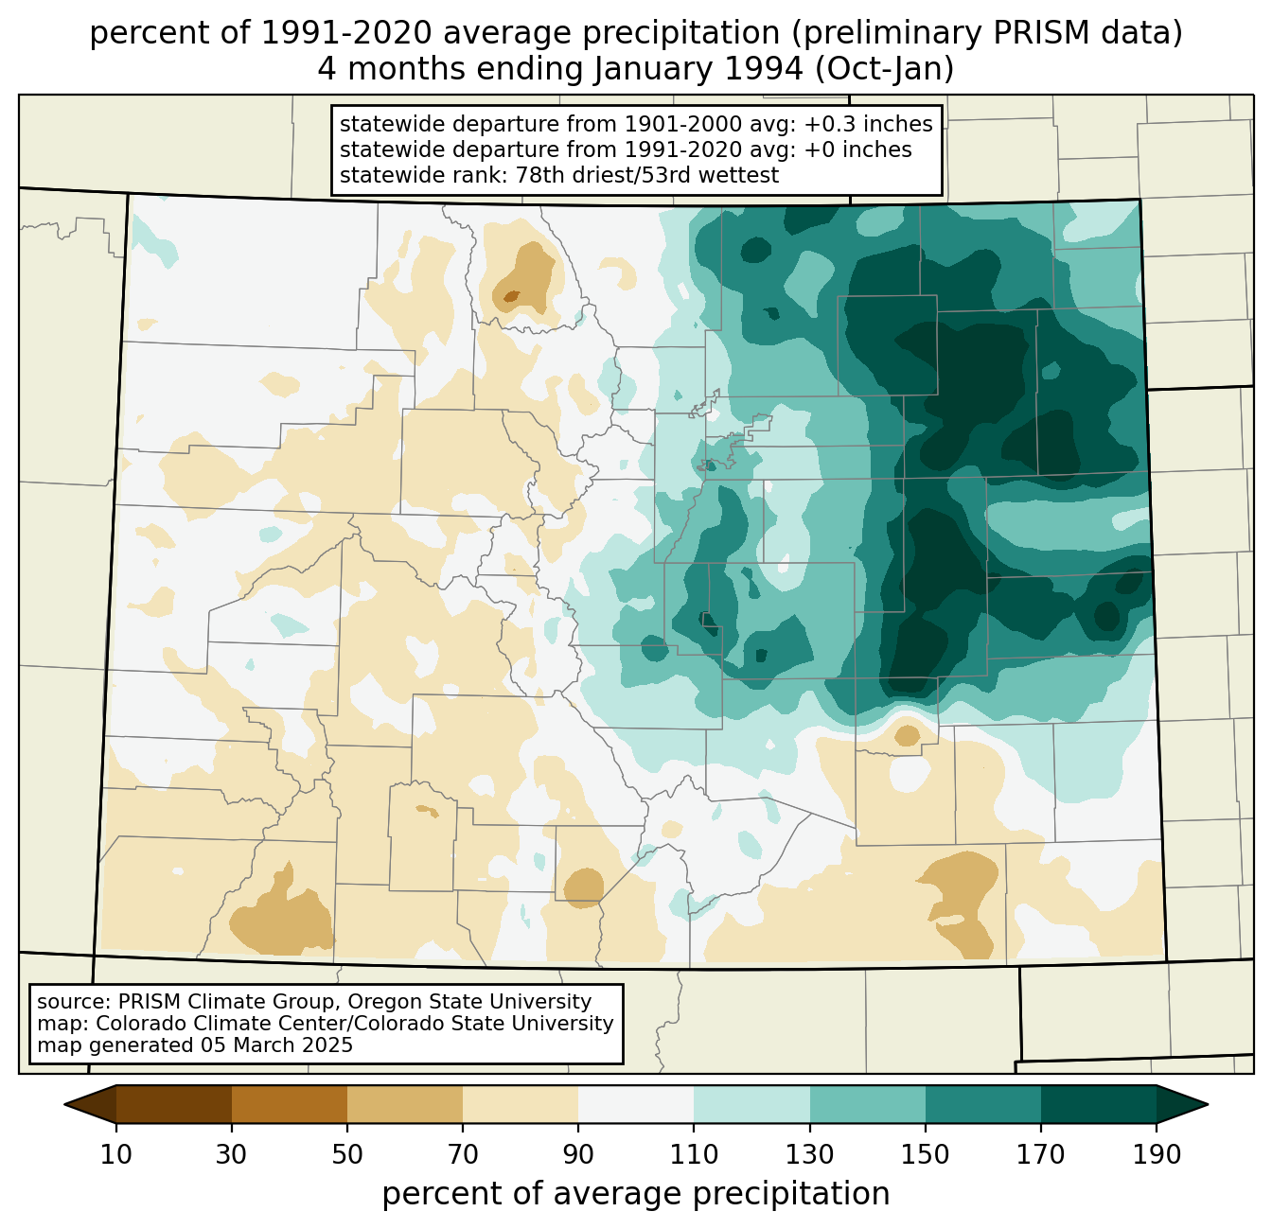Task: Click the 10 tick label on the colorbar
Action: pyautogui.click(x=116, y=1154)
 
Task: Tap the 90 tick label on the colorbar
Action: pyautogui.click(x=578, y=1154)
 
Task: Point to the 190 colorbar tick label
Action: pyautogui.click(x=1156, y=1154)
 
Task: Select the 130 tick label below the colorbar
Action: pyautogui.click(x=810, y=1154)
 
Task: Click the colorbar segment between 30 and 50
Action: pyautogui.click(x=290, y=1104)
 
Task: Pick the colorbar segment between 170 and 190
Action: pyautogui.click(x=1098, y=1104)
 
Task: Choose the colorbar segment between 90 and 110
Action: pyautogui.click(x=636, y=1104)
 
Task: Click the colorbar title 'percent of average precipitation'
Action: pyautogui.click(x=636, y=1194)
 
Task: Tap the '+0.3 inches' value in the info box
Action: pyautogui.click(x=868, y=124)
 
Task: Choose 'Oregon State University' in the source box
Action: pyautogui.click(x=481, y=1002)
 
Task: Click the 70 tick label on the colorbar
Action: pyautogui.click(x=463, y=1154)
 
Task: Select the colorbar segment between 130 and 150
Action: pyautogui.click(x=867, y=1104)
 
